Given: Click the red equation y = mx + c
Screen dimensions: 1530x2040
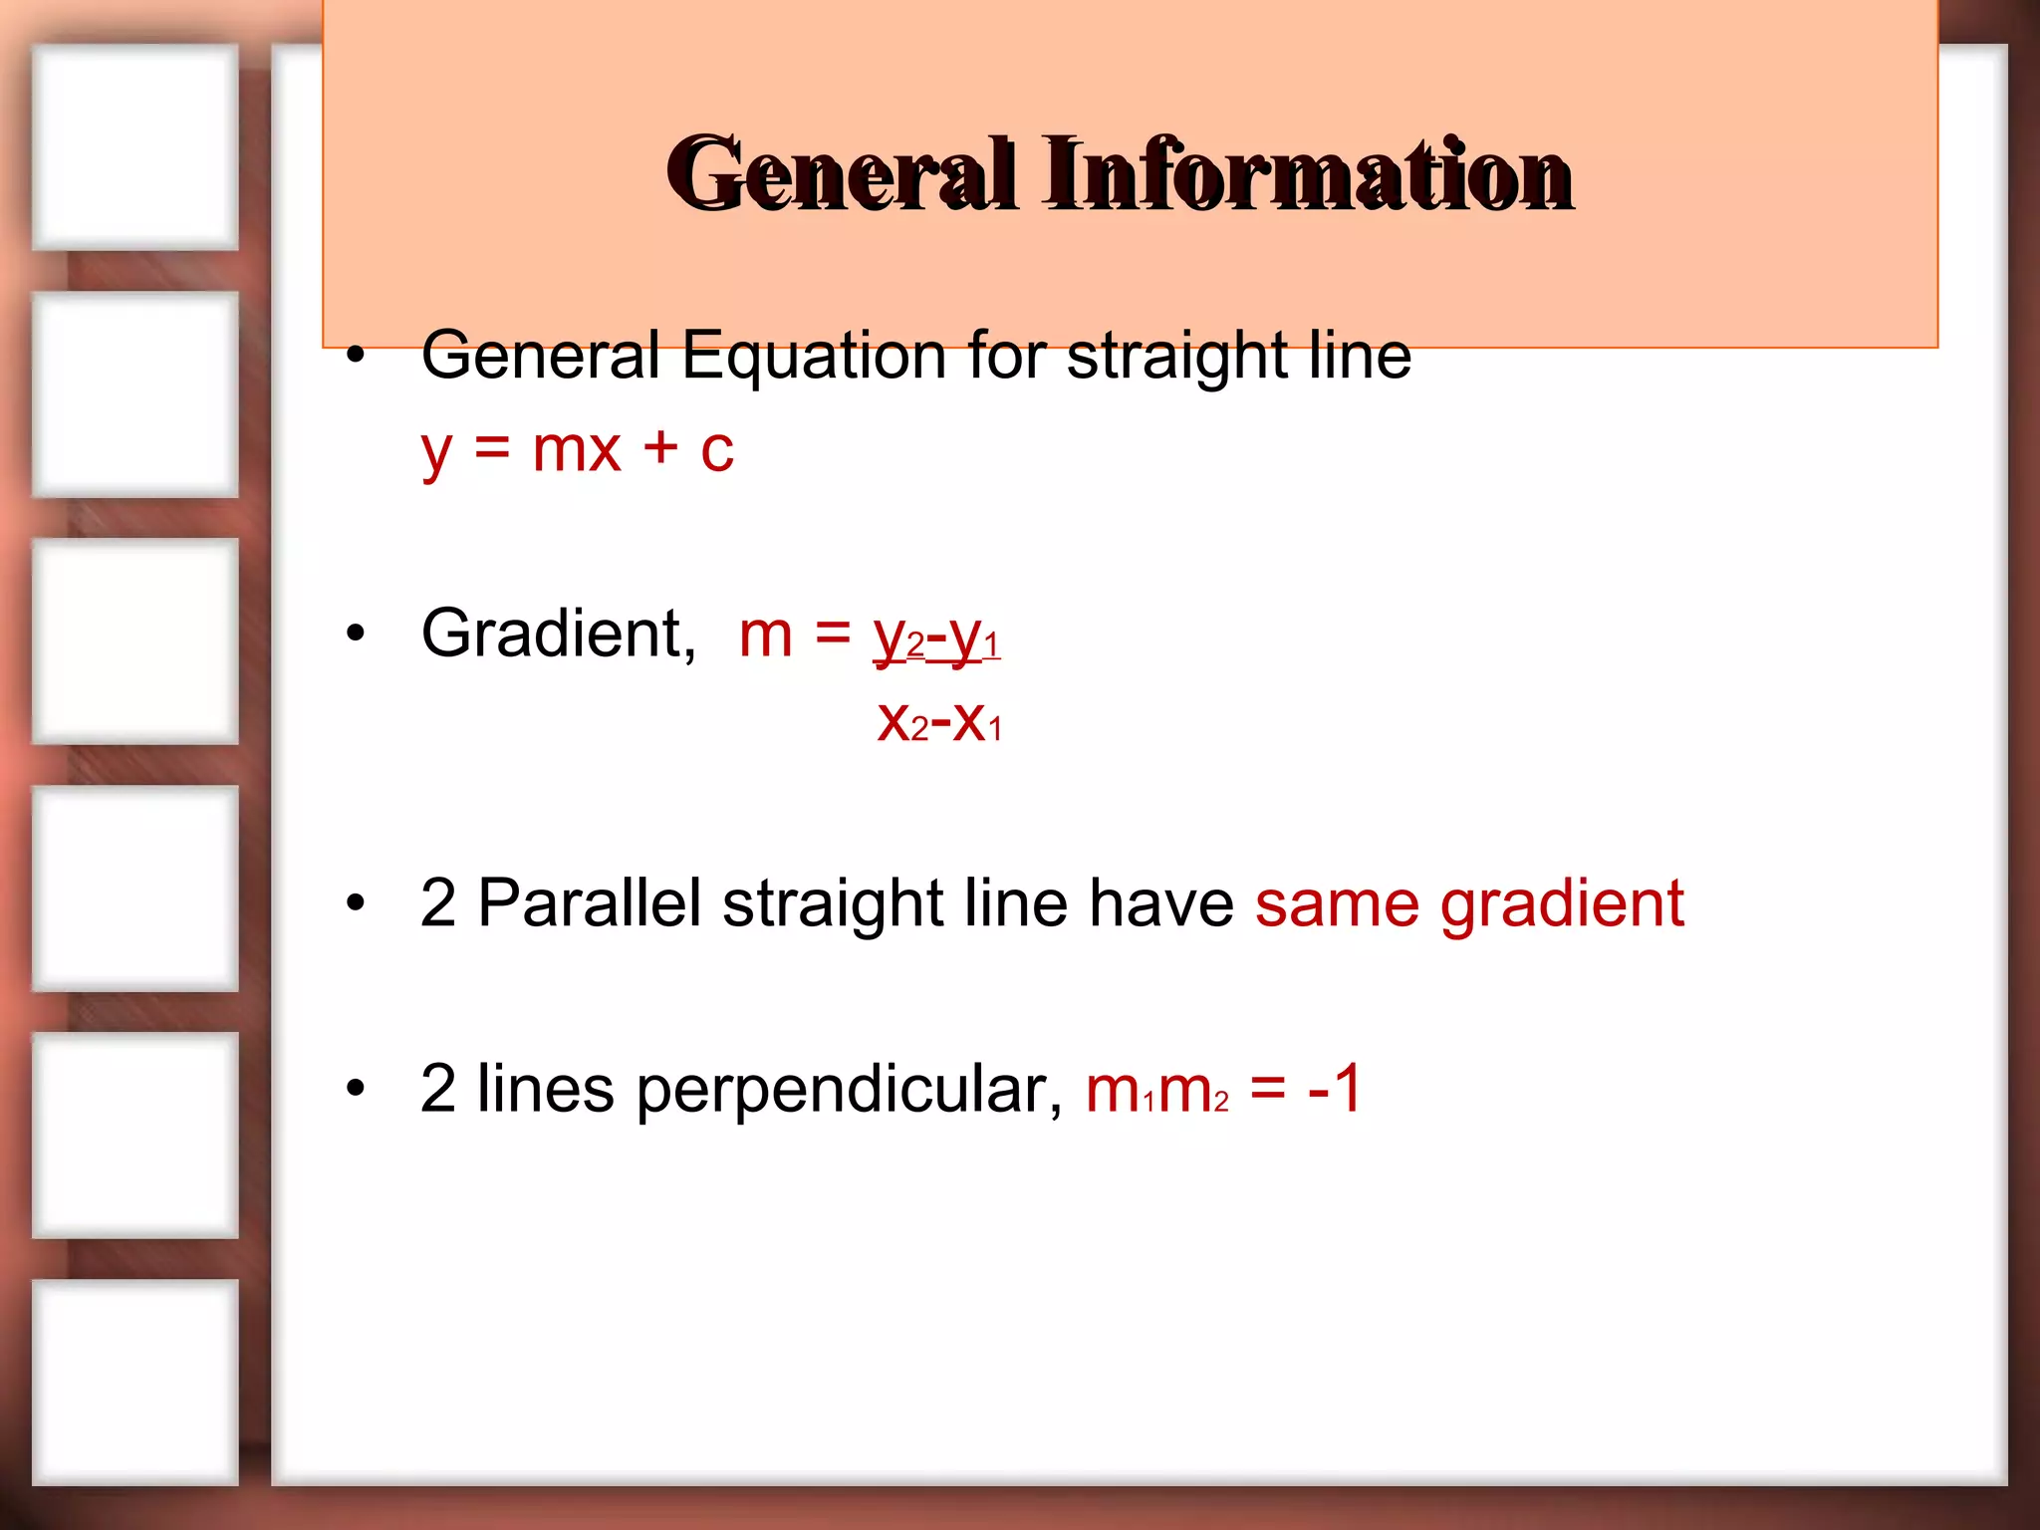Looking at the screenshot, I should coord(577,450).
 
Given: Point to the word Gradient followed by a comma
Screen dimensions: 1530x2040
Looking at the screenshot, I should coord(559,635).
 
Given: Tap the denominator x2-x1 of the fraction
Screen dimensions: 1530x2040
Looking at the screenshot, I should coord(939,721).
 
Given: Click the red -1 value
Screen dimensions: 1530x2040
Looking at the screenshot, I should coord(1336,1089).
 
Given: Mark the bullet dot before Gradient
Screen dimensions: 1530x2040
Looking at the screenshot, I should coord(356,635).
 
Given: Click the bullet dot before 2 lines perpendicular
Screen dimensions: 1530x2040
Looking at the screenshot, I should coord(356,1089).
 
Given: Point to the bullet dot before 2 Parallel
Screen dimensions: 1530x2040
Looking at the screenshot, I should coord(356,903).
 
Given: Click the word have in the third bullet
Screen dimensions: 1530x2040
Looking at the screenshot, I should coord(1161,903).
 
